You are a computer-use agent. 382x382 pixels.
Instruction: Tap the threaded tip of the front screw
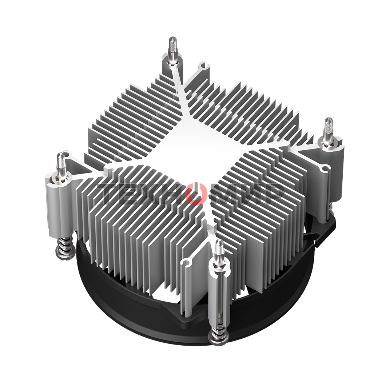pos(219,248)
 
